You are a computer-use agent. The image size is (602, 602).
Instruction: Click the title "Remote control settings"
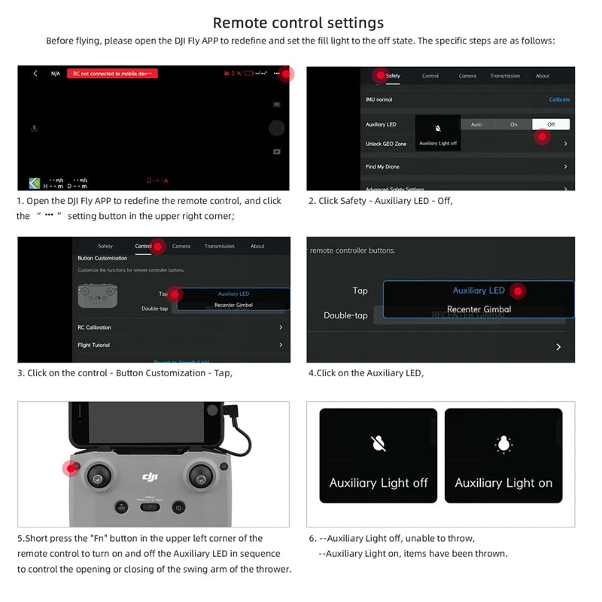298,23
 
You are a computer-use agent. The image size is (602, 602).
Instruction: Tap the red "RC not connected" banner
112,74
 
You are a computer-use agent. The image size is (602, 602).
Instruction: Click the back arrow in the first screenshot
35,74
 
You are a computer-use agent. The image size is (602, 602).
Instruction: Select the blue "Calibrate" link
559,99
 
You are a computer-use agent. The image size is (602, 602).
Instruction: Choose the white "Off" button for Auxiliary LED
551,124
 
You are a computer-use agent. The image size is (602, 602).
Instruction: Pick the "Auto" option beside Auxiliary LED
476,124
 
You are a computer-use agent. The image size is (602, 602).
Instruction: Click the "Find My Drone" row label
382,166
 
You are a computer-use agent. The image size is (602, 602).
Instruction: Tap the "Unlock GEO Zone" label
386,144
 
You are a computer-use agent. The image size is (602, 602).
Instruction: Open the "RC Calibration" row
94,327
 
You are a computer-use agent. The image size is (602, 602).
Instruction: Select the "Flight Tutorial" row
93,345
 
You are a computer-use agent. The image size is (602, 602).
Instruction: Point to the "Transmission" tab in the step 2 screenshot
505,76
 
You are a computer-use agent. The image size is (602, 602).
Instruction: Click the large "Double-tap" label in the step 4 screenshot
345,315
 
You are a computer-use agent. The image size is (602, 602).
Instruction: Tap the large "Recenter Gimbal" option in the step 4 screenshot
479,309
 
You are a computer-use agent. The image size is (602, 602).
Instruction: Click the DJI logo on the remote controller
150,476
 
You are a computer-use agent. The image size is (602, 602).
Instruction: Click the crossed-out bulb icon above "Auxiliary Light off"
379,443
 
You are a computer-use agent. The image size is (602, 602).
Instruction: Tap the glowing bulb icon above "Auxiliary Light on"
503,443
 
